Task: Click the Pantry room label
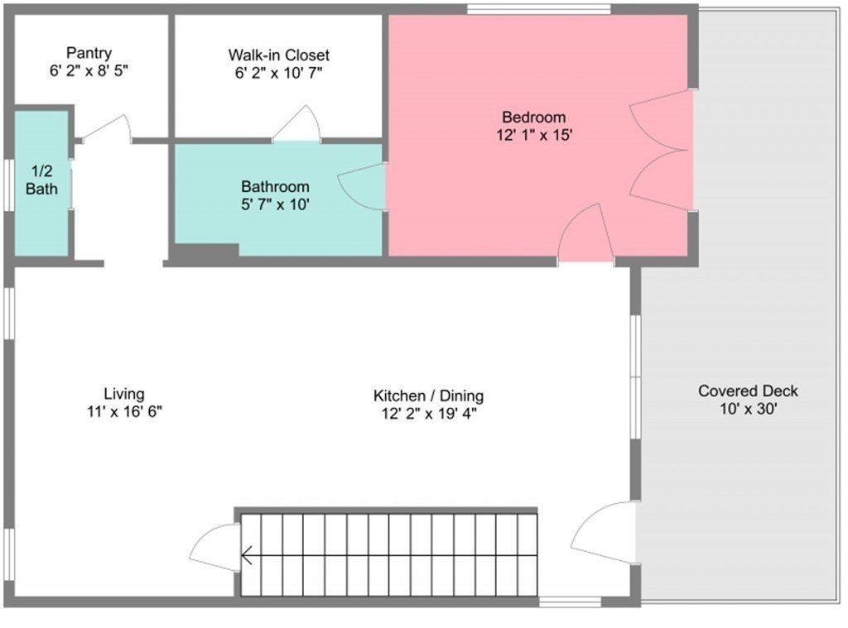point(89,54)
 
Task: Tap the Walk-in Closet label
point(278,55)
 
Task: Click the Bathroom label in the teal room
point(275,187)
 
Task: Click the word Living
point(124,394)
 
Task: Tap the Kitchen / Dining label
point(428,395)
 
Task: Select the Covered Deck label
point(748,391)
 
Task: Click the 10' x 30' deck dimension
point(748,409)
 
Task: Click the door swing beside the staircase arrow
point(214,547)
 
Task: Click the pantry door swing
point(108,128)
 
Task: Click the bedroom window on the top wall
point(538,10)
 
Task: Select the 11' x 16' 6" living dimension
point(124,411)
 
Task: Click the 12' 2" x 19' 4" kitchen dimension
point(428,413)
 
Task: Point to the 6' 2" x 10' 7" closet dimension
point(278,73)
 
